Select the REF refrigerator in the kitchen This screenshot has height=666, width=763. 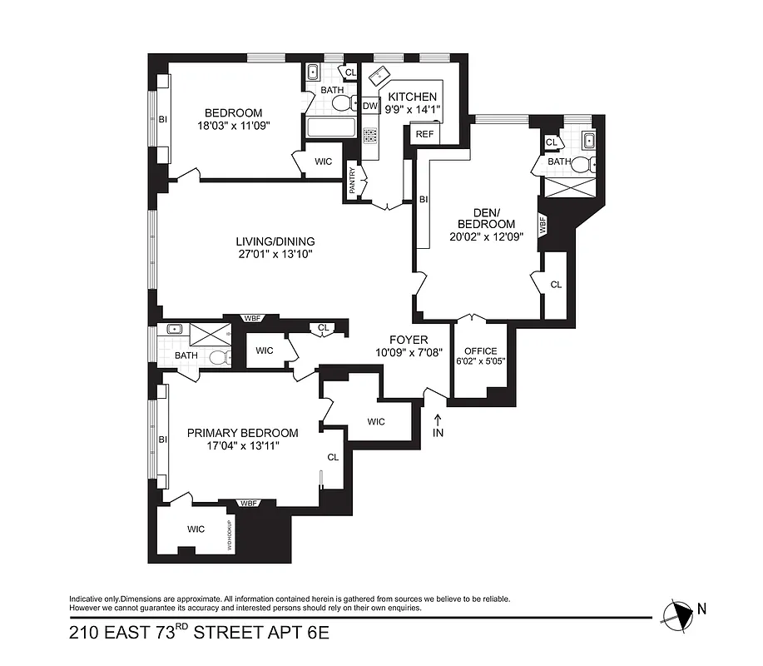point(424,134)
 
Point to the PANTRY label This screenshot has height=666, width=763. point(352,181)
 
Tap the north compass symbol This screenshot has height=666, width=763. point(679,614)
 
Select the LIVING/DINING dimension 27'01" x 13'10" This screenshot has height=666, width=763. point(273,255)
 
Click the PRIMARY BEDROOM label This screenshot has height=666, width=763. point(242,433)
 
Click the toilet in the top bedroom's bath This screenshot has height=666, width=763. point(340,104)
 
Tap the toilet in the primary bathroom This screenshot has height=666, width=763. point(219,357)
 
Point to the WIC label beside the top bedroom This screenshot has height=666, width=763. point(323,162)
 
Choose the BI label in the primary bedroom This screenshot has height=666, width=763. point(162,440)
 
